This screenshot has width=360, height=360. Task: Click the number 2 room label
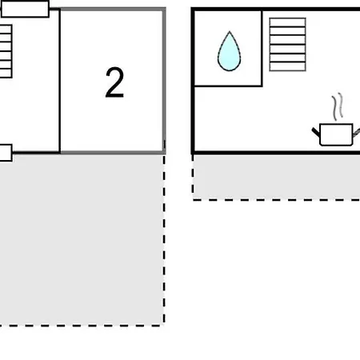pos(114,82)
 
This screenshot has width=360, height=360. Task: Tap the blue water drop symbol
pos(230,52)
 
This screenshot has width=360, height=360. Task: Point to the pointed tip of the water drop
pos(230,32)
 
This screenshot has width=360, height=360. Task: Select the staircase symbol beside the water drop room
pos(287,44)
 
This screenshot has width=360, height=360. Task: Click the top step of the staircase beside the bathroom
pos(287,22)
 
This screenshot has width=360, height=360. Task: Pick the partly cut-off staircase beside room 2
pos(6,51)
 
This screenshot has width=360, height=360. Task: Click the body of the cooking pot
pos(336,134)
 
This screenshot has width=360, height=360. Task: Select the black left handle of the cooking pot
pos(316,132)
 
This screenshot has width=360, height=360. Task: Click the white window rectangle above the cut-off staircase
pos(26,9)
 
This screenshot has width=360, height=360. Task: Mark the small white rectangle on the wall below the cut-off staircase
pos(6,153)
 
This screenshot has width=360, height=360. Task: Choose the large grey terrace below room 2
pos(82,239)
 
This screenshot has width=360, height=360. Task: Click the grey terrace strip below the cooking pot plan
pos(277,177)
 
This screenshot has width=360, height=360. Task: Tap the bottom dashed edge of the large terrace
pos(82,326)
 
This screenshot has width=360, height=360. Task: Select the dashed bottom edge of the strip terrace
pos(276,199)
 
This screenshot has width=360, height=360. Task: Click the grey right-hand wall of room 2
pos(164,81)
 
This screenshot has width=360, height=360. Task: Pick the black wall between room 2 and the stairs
pos(60,81)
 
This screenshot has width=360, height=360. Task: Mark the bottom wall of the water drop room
pos(228,86)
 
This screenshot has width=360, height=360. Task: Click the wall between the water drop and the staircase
pos(262,48)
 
